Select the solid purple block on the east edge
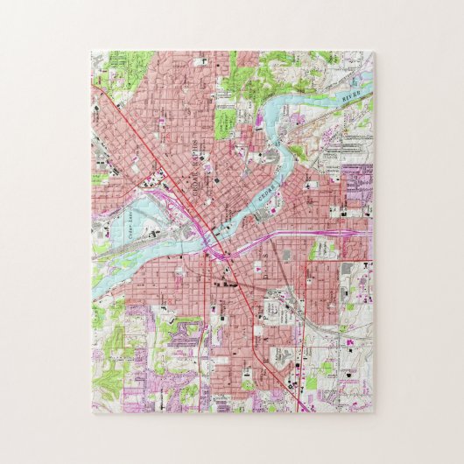(x=357, y=179)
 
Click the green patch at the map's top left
(x=131, y=66)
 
